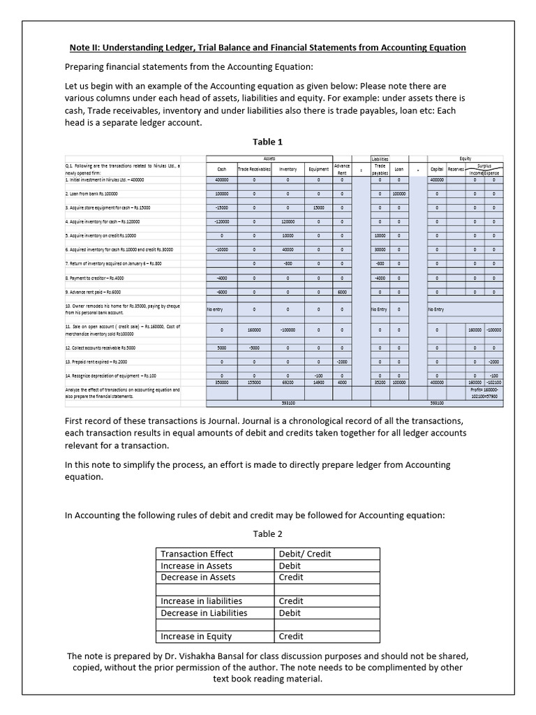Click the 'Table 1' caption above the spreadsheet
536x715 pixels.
pyautogui.click(x=267, y=142)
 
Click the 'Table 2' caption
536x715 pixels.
pyautogui.click(x=267, y=533)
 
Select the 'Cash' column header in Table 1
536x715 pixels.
pyautogui.click(x=222, y=169)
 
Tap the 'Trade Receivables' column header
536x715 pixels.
pyautogui.click(x=254, y=169)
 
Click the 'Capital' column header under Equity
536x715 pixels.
pyautogui.click(x=437, y=169)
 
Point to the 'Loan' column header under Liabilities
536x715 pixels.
pyautogui.click(x=399, y=169)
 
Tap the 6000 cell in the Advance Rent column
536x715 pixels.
pyautogui.click(x=342, y=292)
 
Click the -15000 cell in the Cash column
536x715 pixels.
pyautogui.click(x=222, y=207)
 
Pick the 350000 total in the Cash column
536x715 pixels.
pyautogui.click(x=222, y=383)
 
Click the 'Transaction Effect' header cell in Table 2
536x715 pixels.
pyautogui.click(x=192, y=554)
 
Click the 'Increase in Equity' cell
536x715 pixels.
pyautogui.click(x=196, y=636)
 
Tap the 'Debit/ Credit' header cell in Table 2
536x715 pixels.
pyautogui.click(x=305, y=554)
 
